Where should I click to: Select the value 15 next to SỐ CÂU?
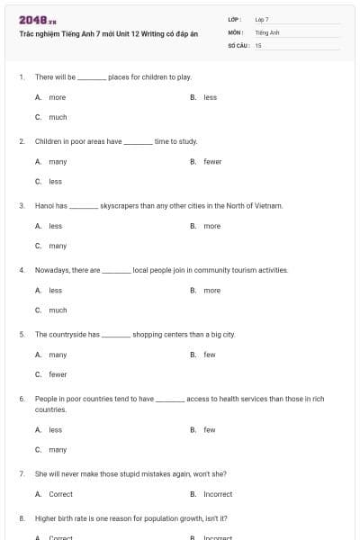(x=258, y=44)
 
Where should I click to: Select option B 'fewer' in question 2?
(x=212, y=161)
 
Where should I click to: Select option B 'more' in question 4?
(x=211, y=290)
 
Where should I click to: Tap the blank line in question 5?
(x=115, y=335)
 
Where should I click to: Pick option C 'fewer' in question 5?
(x=58, y=374)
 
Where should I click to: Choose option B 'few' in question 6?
(x=209, y=429)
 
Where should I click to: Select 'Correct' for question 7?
(x=60, y=494)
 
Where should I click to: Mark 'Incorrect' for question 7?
(x=218, y=494)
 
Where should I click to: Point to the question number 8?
(x=21, y=517)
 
